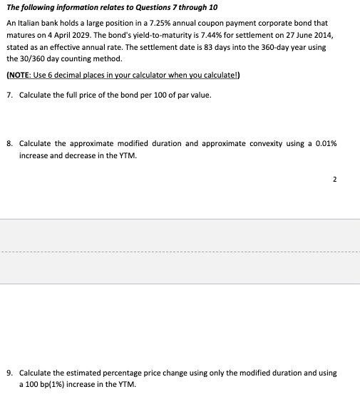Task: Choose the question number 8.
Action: [x=8, y=143]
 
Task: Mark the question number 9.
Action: [x=8, y=373]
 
